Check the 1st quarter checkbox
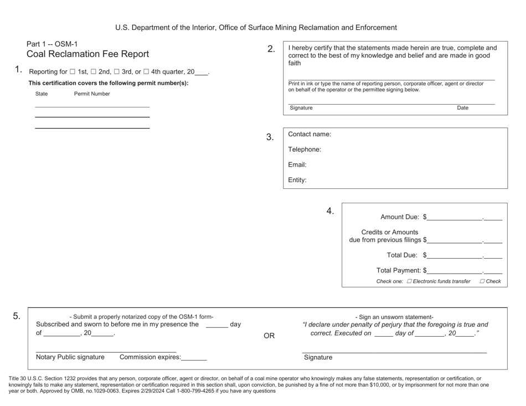tap(73, 72)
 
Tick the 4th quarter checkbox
tap(146, 72)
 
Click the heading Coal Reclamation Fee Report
tap(87, 54)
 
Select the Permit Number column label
tap(92, 94)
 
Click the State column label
tap(42, 94)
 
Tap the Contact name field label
tap(310, 134)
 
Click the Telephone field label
tap(305, 150)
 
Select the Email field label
tap(297, 165)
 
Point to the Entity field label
tap(297, 180)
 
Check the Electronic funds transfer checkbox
tap(410, 281)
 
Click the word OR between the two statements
tap(269, 336)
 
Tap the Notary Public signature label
tap(70, 357)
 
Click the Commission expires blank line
tap(194, 358)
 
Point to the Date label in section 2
tap(462, 108)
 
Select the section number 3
tap(270, 137)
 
